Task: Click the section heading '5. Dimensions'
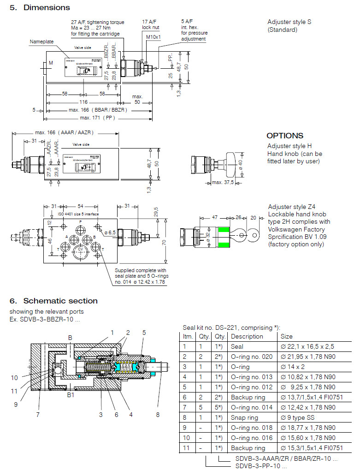click(40, 7)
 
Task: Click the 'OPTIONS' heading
click(285, 136)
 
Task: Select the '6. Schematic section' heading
click(53, 301)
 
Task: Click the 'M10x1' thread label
click(152, 36)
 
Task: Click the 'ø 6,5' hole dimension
click(110, 232)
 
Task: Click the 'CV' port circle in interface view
click(80, 249)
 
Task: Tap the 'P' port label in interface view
click(80, 222)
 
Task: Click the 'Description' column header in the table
click(247, 336)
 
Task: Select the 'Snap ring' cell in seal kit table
click(244, 417)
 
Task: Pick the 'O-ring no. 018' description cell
click(251, 428)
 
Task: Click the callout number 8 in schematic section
click(158, 415)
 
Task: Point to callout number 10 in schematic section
click(14, 378)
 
